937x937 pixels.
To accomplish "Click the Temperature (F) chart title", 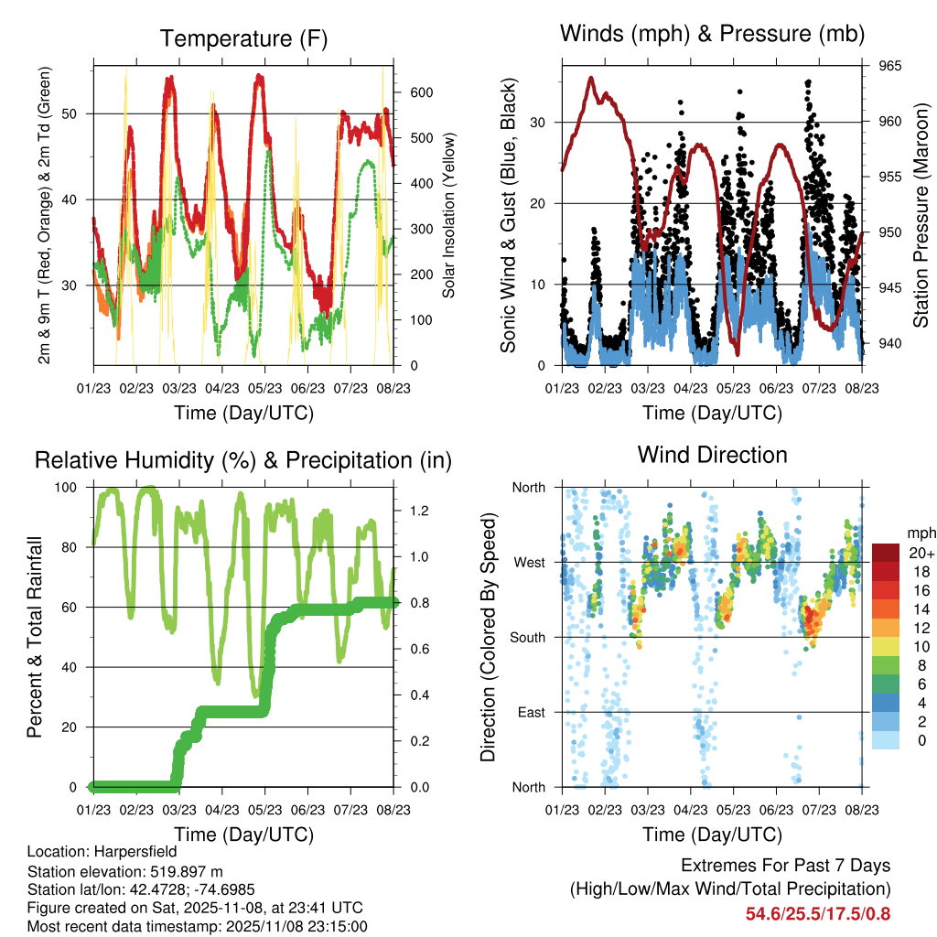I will tap(242, 38).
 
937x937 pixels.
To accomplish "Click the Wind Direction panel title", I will tap(712, 454).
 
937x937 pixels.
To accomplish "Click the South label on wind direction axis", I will tap(528, 637).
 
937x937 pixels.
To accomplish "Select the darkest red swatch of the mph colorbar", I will tap(885, 552).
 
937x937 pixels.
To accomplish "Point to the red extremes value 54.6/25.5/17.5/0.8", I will tap(817, 913).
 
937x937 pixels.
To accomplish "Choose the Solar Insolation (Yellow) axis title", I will tap(448, 215).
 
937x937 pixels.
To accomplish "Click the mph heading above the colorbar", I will tap(919, 533).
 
